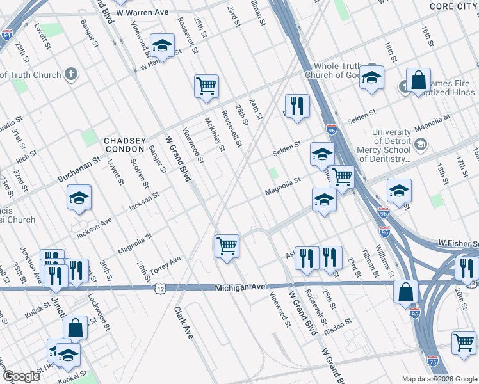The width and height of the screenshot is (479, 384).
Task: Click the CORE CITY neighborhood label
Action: point(453,6)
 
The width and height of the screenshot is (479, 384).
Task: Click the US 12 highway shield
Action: point(160,289)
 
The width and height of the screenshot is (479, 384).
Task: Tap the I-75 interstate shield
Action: point(433,362)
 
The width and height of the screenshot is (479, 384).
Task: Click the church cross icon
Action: point(71,74)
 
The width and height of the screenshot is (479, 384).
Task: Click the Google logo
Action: point(20,376)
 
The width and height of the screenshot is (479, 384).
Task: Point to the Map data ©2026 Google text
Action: point(439,379)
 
